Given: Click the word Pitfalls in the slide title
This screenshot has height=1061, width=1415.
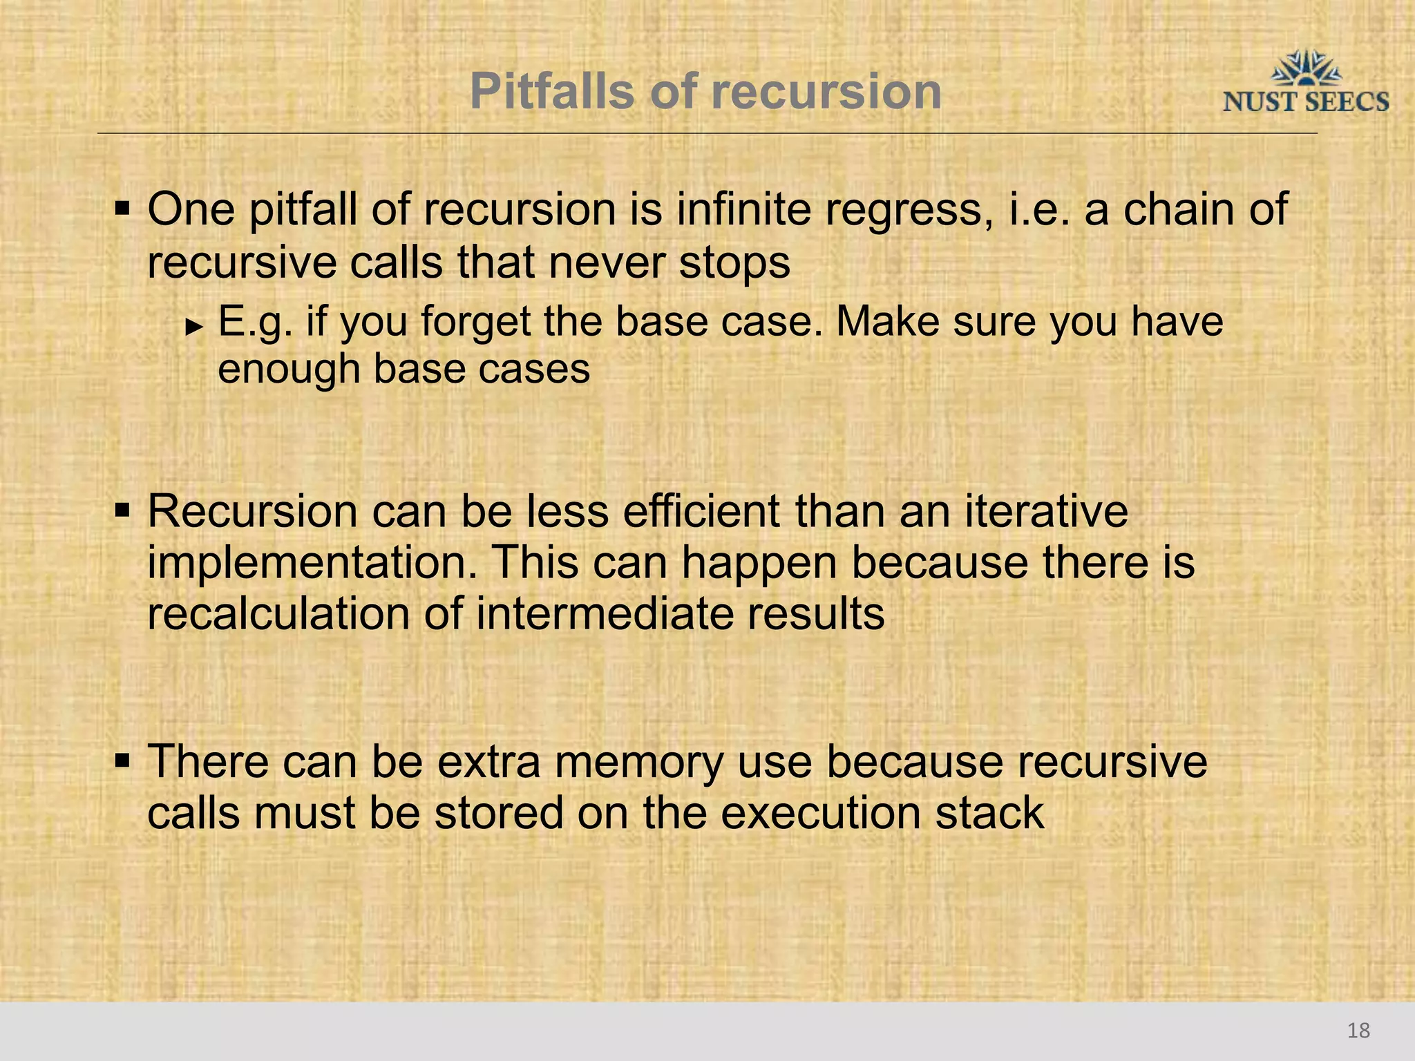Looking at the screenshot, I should pyautogui.click(x=551, y=92).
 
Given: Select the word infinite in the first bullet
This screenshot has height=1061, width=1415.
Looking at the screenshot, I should pyautogui.click(x=742, y=209).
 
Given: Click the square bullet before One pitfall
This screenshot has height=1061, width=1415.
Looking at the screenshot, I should pyautogui.click(x=122, y=208).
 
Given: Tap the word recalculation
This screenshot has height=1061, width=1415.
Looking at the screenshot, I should pyautogui.click(x=279, y=613).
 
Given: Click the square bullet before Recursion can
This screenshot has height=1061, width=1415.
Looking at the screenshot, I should pyautogui.click(x=122, y=512).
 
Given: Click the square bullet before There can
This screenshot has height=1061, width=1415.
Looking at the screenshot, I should pyautogui.click(x=122, y=761).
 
